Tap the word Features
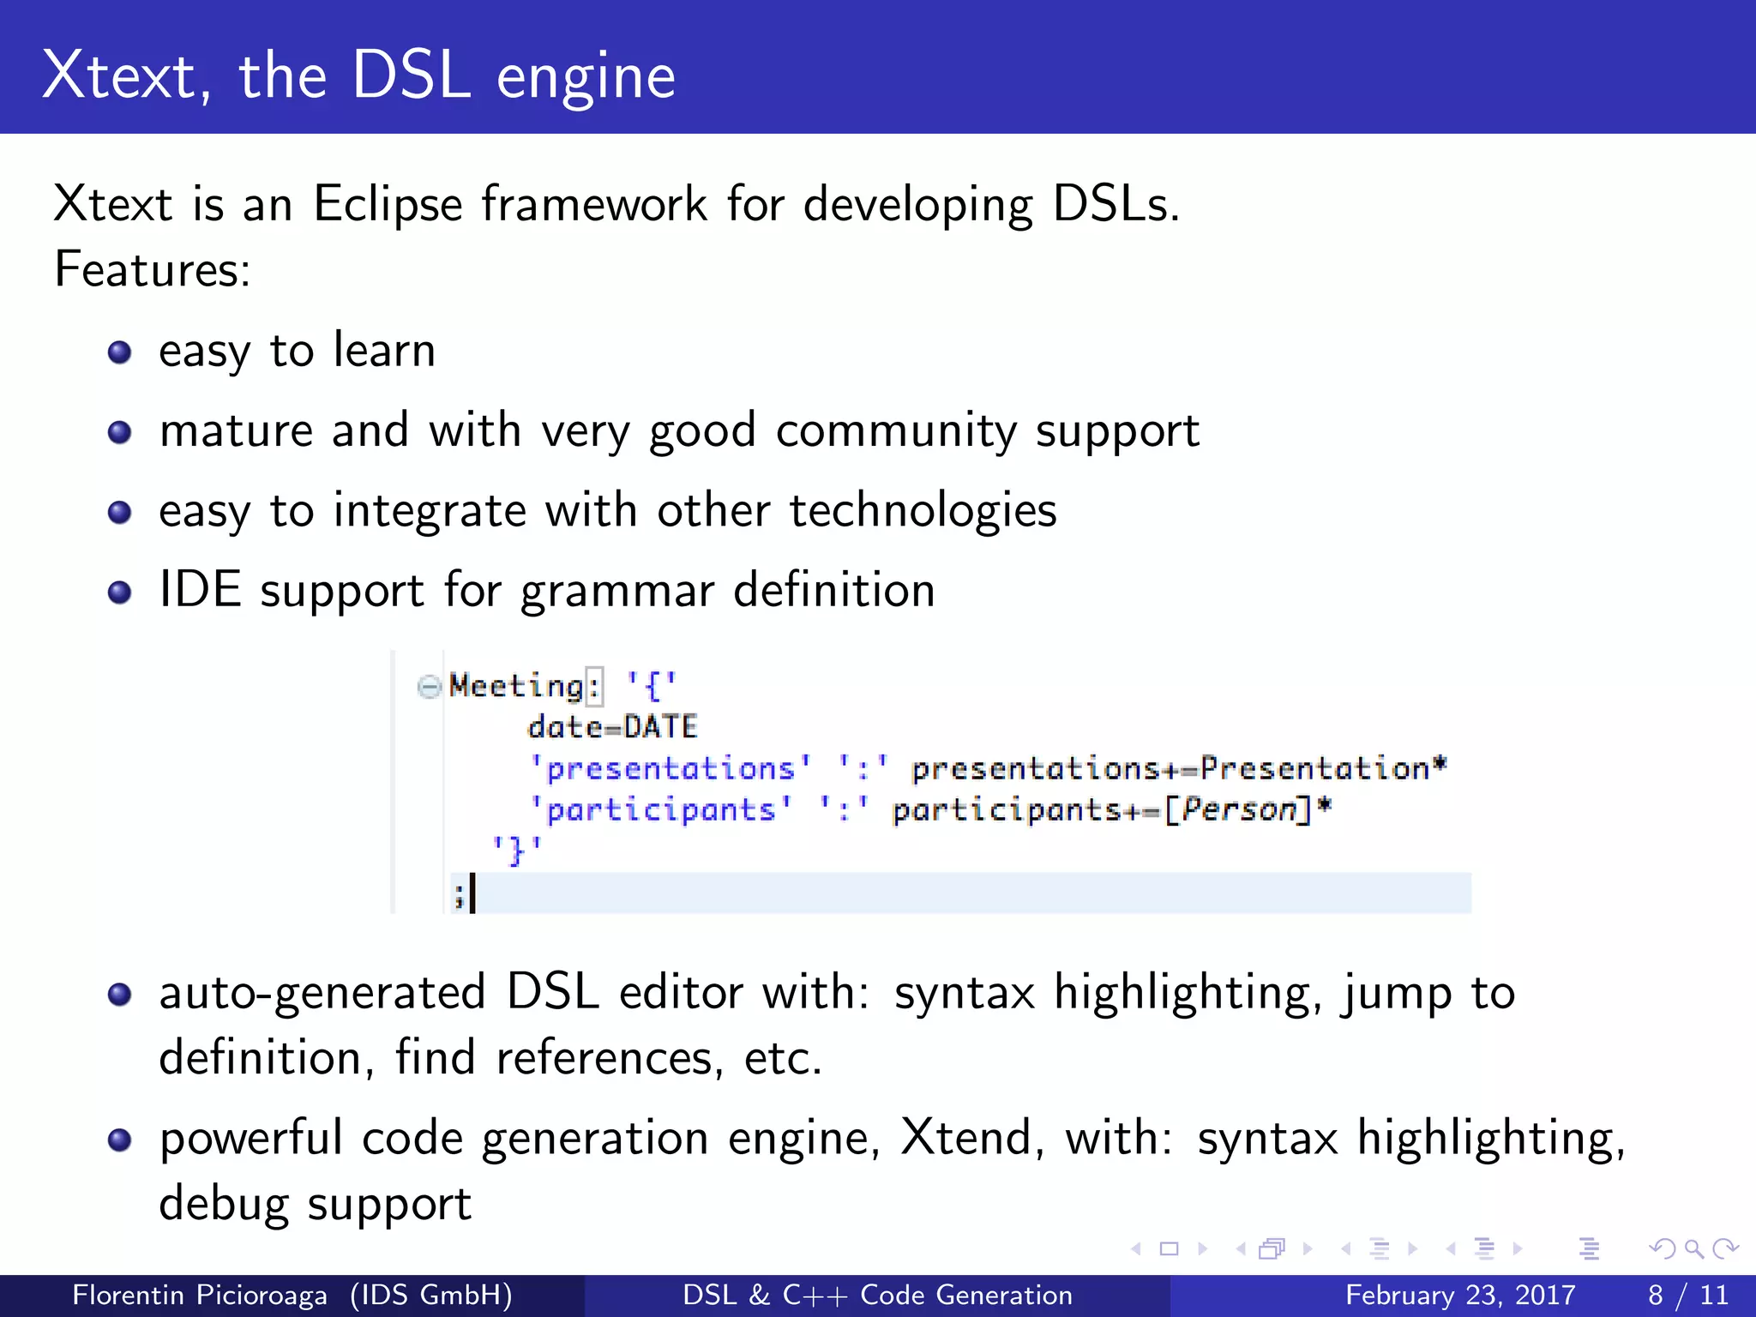[151, 269]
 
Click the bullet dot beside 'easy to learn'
[120, 352]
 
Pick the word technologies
[923, 511]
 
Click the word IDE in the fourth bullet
[200, 590]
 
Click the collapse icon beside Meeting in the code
[429, 686]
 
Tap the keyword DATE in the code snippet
[660, 727]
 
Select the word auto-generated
[322, 993]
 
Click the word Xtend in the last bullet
[965, 1139]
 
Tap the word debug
[224, 1204]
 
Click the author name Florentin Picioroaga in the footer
[199, 1295]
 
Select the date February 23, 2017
[1460, 1295]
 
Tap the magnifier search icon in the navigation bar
[1693, 1249]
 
